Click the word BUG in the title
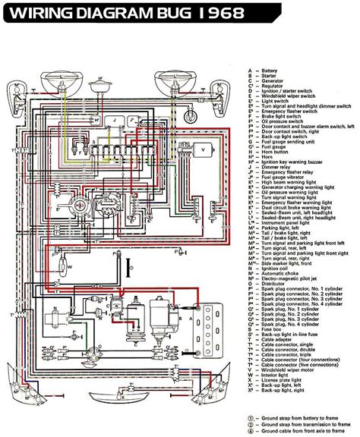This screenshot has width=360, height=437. point(176,13)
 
